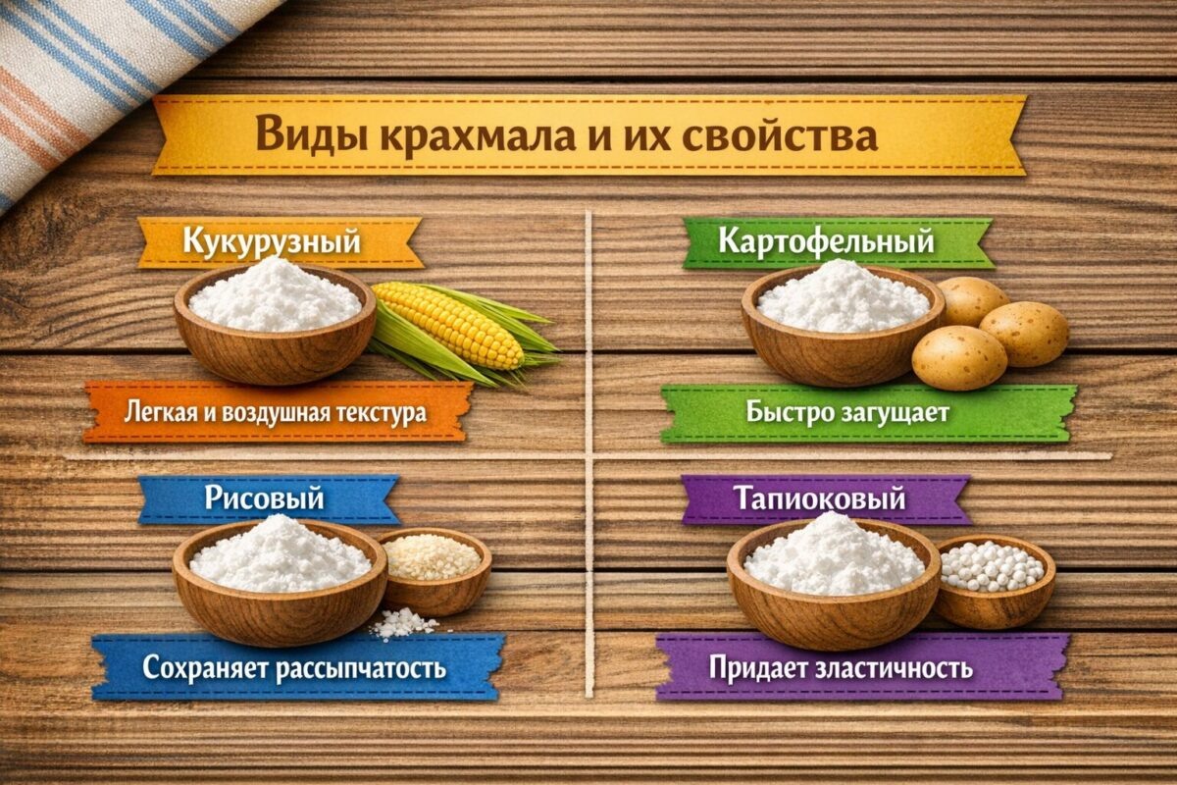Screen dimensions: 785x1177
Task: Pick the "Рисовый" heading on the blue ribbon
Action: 265,497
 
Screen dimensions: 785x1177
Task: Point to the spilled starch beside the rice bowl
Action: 404,622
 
